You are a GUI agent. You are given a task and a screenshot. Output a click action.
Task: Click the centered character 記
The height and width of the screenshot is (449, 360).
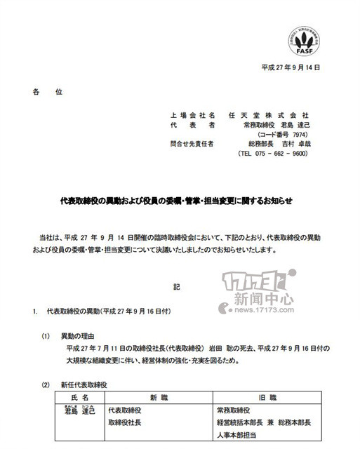pos(177,287)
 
